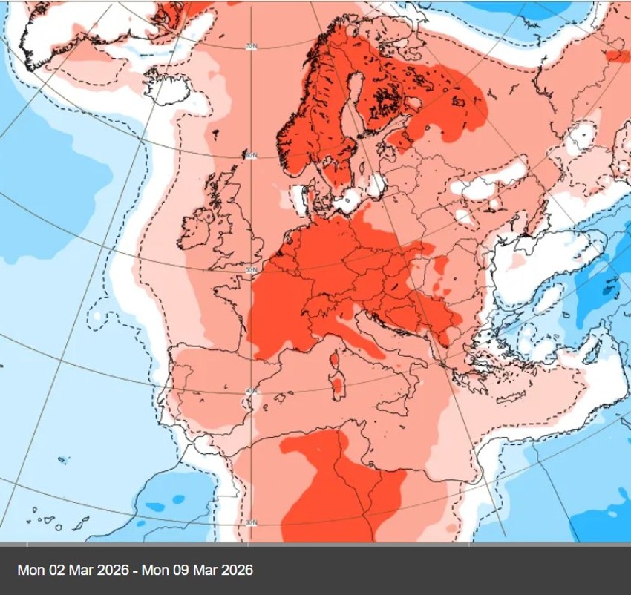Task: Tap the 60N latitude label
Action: click(251, 155)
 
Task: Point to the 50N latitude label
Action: click(251, 270)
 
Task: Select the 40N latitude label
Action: click(251, 391)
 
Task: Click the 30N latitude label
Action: click(251, 522)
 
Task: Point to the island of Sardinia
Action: click(338, 385)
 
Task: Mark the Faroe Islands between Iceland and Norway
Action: click(215, 134)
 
